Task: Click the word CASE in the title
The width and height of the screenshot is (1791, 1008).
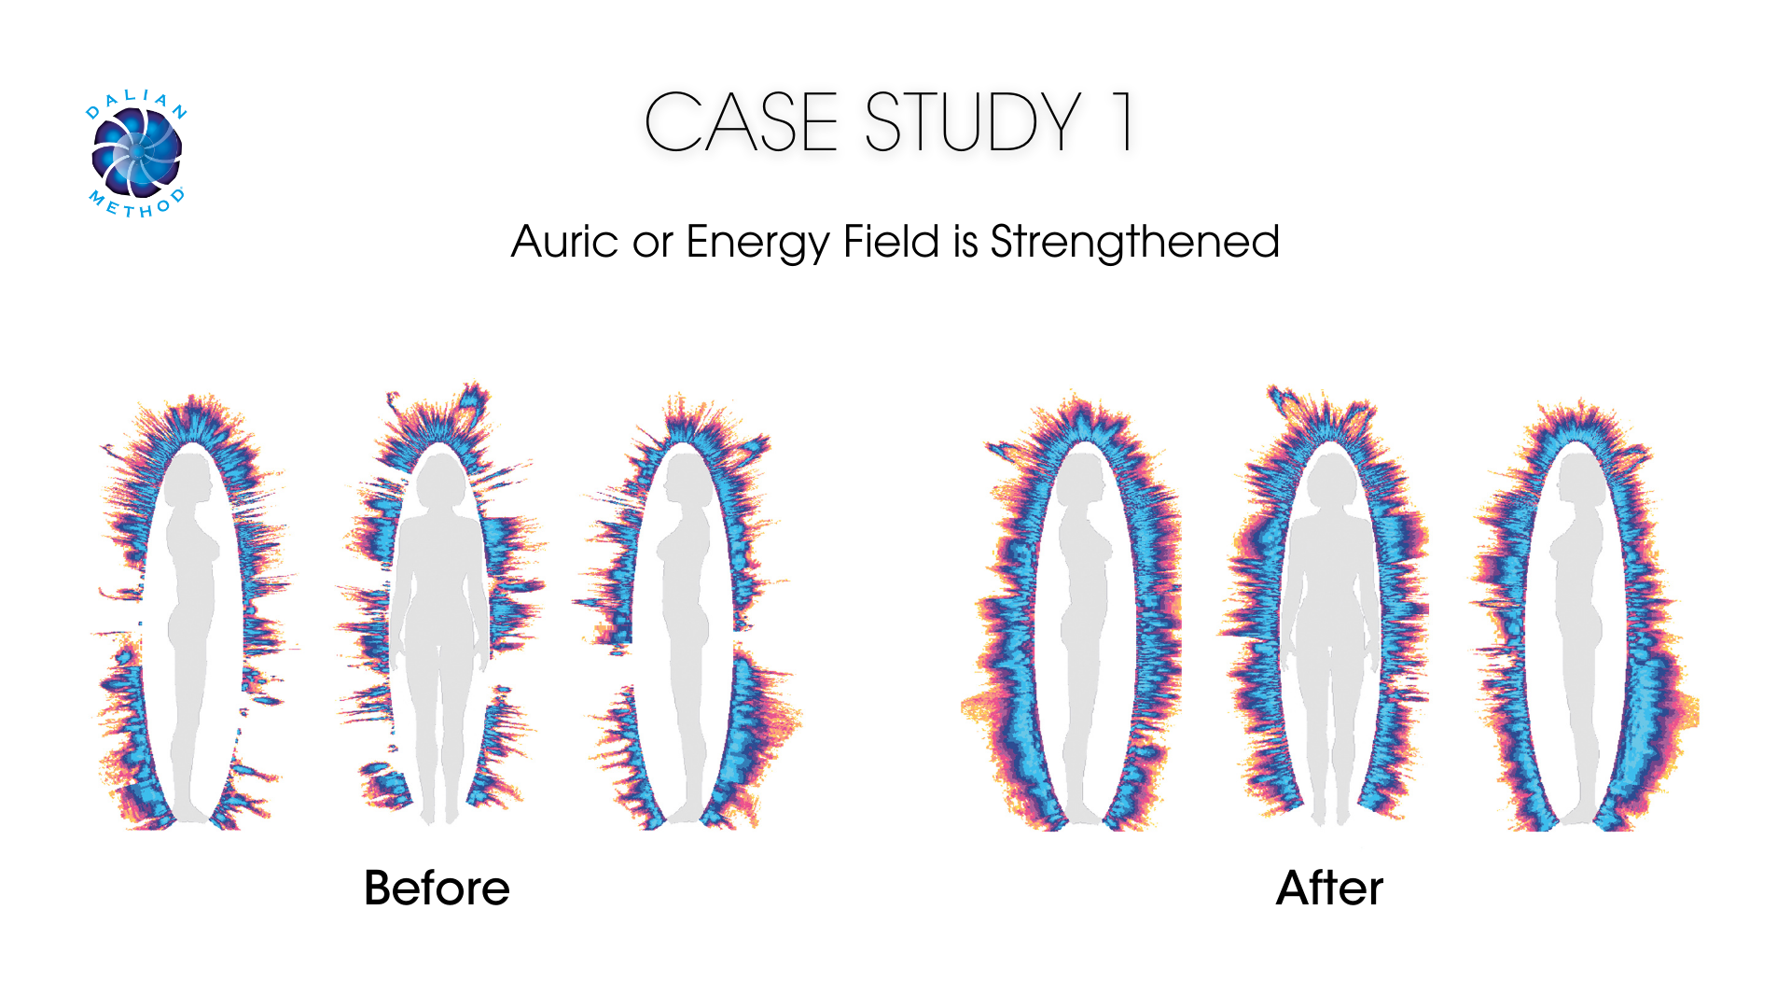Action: (x=741, y=122)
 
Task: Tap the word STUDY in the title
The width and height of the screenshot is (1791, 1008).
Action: (x=973, y=122)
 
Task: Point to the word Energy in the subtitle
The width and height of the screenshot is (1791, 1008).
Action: (x=757, y=243)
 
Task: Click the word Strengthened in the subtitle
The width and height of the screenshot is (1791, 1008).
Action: (x=1134, y=242)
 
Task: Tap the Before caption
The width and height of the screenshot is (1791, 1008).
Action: (x=437, y=888)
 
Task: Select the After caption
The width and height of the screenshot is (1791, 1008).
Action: (x=1329, y=888)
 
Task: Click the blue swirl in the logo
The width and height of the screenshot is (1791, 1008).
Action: (x=137, y=152)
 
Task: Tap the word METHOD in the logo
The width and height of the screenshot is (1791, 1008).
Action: (x=137, y=205)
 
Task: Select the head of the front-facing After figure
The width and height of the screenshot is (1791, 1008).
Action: (x=1330, y=476)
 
